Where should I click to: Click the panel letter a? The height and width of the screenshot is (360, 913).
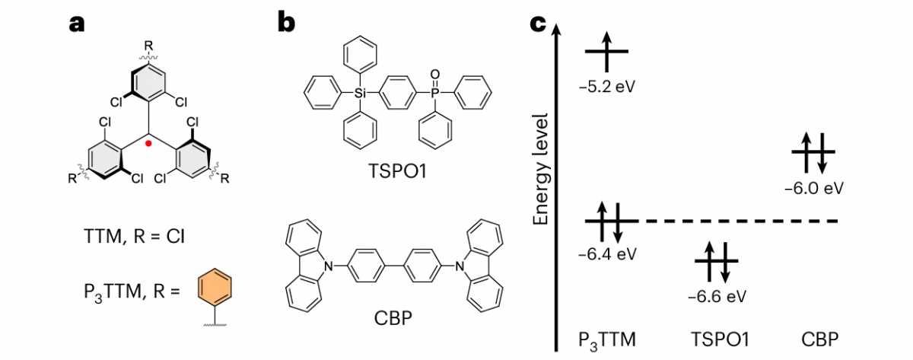(x=77, y=24)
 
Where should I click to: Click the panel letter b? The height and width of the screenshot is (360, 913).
(x=286, y=24)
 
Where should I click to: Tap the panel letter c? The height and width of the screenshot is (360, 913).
(x=537, y=24)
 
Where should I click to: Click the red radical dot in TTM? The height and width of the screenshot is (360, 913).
(x=149, y=143)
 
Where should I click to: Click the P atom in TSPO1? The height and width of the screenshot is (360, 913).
(x=434, y=94)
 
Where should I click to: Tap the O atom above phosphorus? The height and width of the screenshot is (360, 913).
(x=434, y=74)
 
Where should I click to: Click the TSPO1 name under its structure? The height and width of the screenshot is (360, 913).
(x=393, y=172)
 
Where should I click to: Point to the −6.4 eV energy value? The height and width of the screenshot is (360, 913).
(x=607, y=252)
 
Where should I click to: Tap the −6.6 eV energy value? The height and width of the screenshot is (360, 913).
(x=716, y=295)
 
